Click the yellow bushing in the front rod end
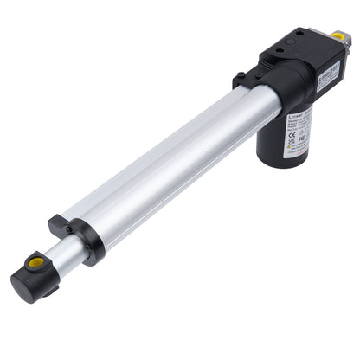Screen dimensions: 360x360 [37, 261]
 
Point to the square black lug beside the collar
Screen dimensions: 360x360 [60, 225]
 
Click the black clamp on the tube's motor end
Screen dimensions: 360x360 [247, 83]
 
